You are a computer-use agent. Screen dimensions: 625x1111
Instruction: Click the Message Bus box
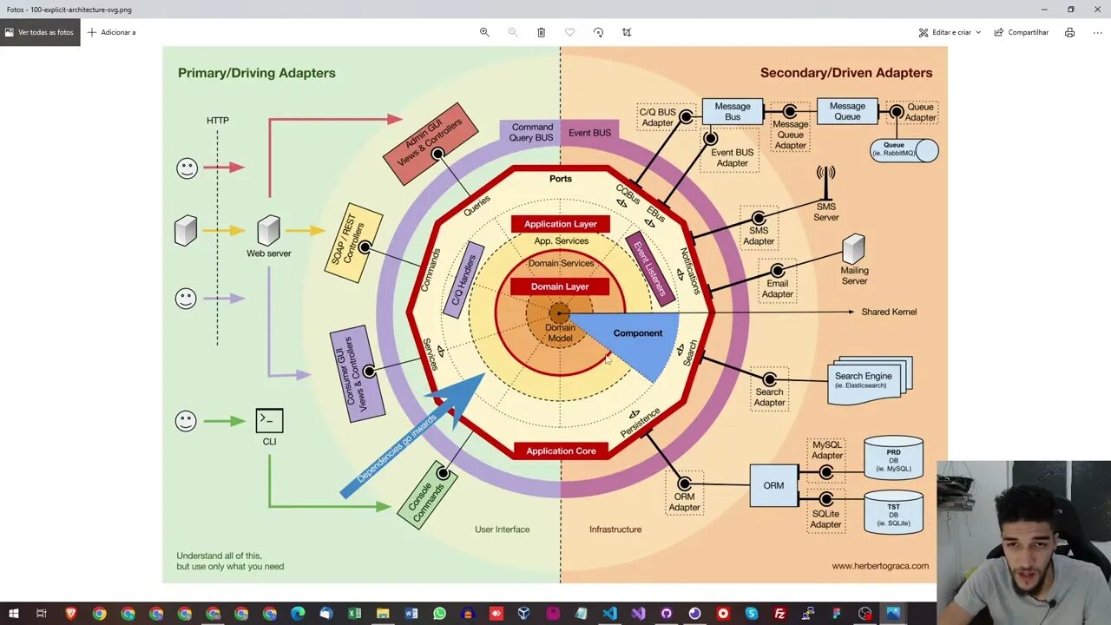point(732,112)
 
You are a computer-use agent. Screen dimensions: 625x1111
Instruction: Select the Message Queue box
point(846,111)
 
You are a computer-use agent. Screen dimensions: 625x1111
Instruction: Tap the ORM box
point(773,485)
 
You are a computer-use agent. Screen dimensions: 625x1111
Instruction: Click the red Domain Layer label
point(560,286)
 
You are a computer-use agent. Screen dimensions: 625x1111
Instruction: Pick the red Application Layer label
point(560,224)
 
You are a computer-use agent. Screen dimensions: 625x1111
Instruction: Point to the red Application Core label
point(561,451)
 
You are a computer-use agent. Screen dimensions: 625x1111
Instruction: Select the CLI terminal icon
point(269,421)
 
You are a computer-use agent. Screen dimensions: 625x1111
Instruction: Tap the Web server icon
point(268,231)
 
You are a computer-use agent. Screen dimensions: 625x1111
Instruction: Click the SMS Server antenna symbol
point(825,182)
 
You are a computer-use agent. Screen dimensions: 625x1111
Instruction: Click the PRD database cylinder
point(893,457)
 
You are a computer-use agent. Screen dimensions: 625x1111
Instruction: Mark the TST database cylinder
point(893,512)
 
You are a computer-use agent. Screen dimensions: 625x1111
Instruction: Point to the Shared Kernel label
point(888,312)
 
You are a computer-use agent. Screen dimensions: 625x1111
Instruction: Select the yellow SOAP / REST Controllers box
point(353,243)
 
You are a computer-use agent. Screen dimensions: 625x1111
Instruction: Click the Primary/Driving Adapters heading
point(256,73)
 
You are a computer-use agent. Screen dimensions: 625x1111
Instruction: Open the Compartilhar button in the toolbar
point(1022,32)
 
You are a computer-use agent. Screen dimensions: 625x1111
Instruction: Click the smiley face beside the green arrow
point(186,421)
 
